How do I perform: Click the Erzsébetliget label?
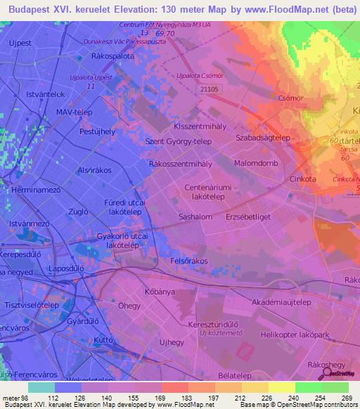click(x=248, y=218)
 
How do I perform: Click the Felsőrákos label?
click(x=189, y=261)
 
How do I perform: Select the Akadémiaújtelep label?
click(x=281, y=302)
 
